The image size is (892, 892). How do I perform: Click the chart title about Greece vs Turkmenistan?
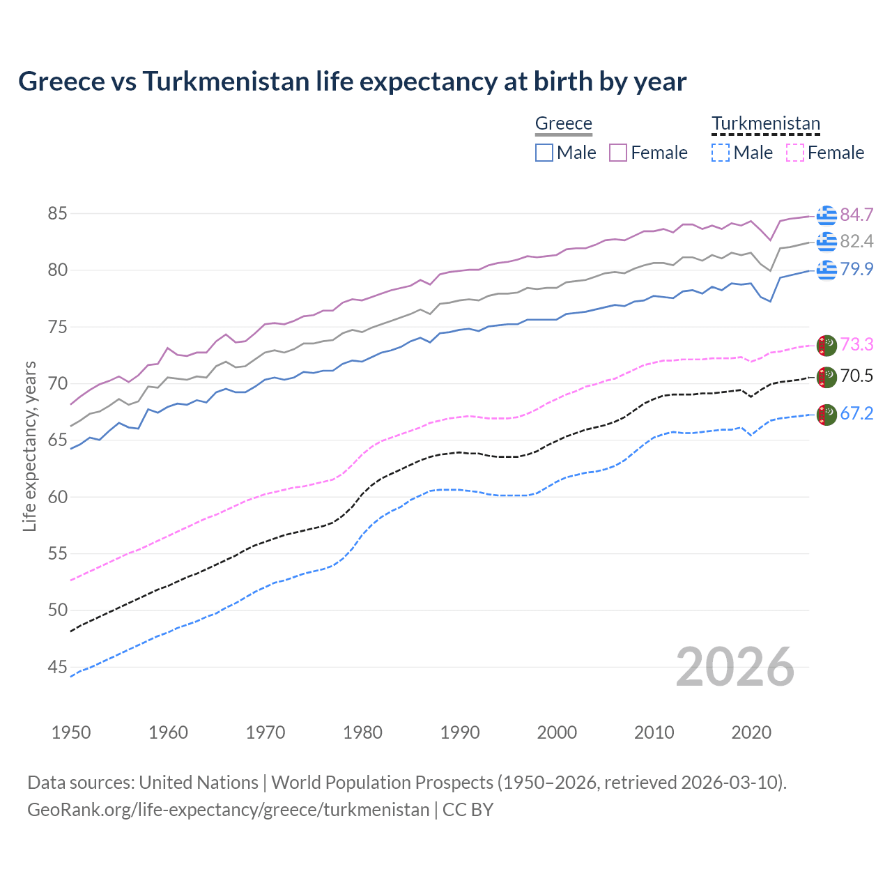click(x=352, y=82)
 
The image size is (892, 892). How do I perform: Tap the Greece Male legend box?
click(x=544, y=153)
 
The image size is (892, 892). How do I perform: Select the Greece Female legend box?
click(x=618, y=153)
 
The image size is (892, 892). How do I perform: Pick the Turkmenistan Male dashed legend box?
click(x=721, y=153)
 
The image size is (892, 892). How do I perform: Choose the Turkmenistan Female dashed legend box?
click(x=794, y=153)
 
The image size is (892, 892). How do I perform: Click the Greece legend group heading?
click(x=563, y=124)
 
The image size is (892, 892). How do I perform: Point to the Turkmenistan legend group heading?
click(x=765, y=124)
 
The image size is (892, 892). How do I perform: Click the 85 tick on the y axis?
click(x=57, y=214)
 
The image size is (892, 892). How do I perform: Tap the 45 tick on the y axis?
click(x=57, y=668)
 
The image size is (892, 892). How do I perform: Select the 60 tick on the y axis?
click(x=57, y=498)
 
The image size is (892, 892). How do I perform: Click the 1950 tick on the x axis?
click(x=71, y=732)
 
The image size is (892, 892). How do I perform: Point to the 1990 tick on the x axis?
click(x=460, y=732)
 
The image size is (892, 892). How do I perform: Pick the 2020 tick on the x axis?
click(x=751, y=732)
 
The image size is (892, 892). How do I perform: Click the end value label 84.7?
click(x=856, y=215)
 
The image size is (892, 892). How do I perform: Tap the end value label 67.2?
click(x=856, y=414)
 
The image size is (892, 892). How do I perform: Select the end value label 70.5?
click(x=856, y=376)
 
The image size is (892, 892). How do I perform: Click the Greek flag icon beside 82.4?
click(x=826, y=242)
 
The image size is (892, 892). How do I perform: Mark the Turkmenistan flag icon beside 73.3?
click(x=826, y=345)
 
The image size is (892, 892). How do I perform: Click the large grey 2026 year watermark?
click(x=735, y=667)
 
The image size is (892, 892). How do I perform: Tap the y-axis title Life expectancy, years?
click(x=30, y=446)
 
